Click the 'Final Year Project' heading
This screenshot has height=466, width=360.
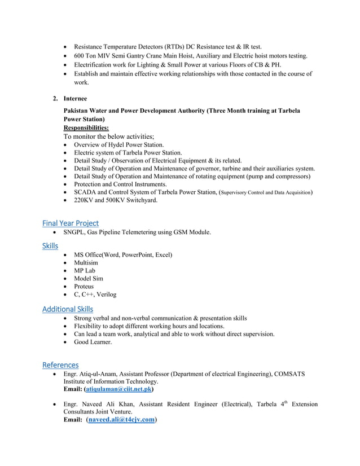pos(71,223)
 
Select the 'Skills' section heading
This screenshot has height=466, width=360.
pos(50,245)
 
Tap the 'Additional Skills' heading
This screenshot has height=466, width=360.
pos(68,309)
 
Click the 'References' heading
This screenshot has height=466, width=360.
pos(60,364)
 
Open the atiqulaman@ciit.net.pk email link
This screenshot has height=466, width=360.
pos(118,389)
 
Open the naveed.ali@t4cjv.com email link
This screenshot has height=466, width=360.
pos(121,420)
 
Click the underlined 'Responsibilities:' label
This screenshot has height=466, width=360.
pos(86,128)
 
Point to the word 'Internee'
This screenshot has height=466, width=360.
pos(75,99)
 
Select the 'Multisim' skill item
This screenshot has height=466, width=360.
pos(86,263)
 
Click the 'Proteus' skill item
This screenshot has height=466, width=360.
pos(84,287)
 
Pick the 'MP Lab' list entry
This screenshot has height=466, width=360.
pos(85,271)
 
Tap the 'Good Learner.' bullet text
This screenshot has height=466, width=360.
pos(93,342)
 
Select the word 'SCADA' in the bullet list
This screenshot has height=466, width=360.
pos(85,192)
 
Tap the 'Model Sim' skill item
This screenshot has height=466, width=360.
pos(89,279)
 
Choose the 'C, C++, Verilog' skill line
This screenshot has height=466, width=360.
pos(95,294)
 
